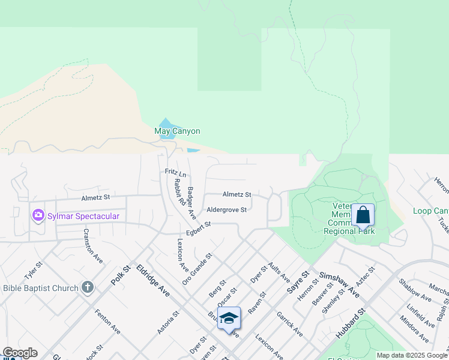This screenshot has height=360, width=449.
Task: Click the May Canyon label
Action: pyautogui.click(x=177, y=131)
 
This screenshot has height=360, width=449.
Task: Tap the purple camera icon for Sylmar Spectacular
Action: pyautogui.click(x=38, y=215)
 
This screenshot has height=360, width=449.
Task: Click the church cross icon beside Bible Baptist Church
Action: pyautogui.click(x=87, y=287)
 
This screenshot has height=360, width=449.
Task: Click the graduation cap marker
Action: pyautogui.click(x=229, y=318)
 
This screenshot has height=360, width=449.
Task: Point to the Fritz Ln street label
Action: pyautogui.click(x=176, y=172)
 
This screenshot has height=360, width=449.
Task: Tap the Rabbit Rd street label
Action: pyautogui.click(x=178, y=191)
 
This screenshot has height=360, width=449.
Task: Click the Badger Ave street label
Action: pyautogui.click(x=191, y=202)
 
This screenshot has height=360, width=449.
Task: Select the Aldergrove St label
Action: pyautogui.click(x=226, y=209)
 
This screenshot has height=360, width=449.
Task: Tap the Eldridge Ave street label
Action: pyautogui.click(x=153, y=280)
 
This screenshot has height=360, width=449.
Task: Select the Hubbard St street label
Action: pyautogui.click(x=351, y=325)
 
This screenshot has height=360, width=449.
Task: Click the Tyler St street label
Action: pyautogui.click(x=33, y=271)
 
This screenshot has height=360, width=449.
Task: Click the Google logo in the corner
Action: pyautogui.click(x=19, y=353)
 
